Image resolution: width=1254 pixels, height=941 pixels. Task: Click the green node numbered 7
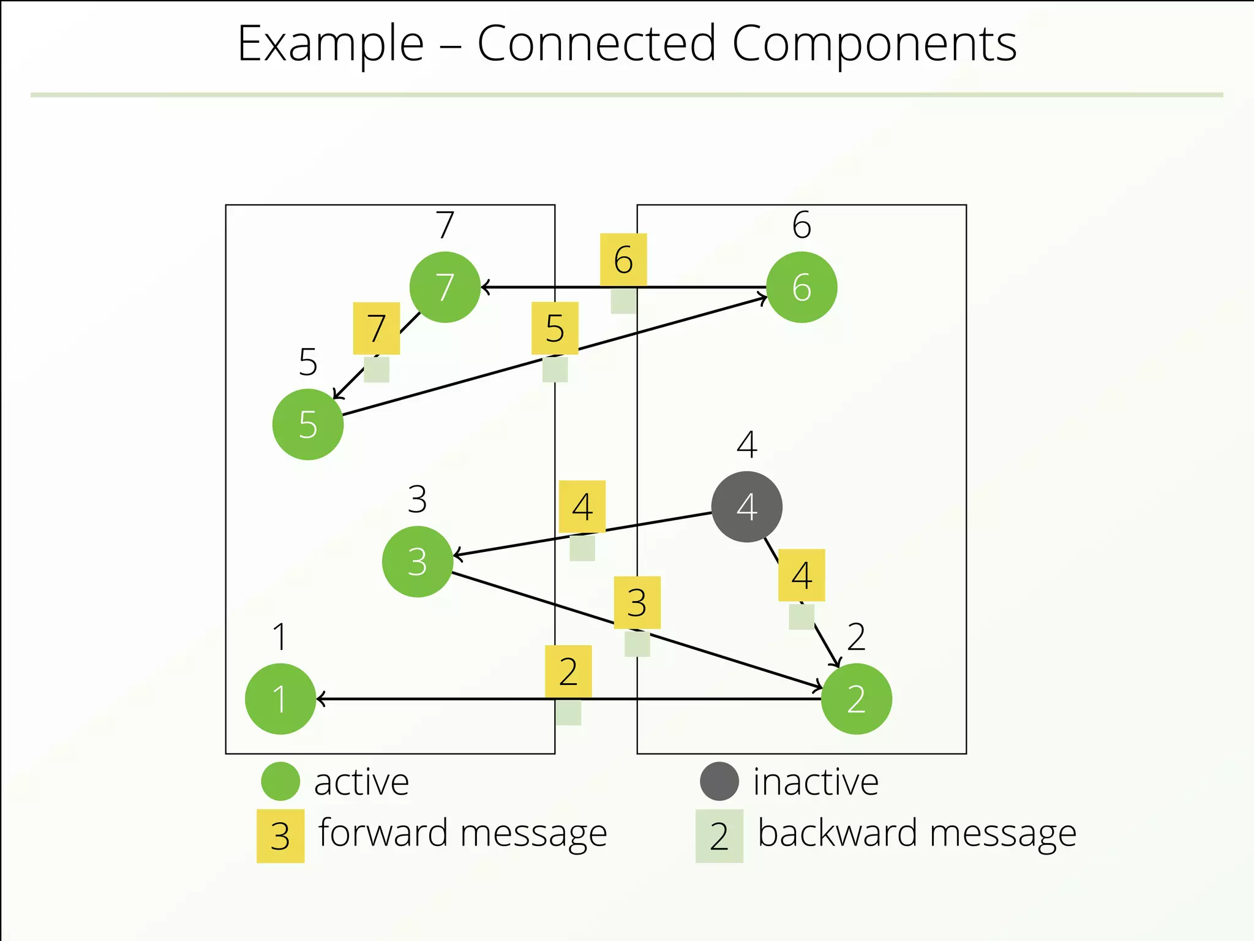pyautogui.click(x=445, y=287)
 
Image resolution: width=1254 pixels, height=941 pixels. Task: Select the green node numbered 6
pyautogui.click(x=802, y=287)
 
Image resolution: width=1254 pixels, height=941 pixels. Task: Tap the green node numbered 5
pyautogui.click(x=308, y=424)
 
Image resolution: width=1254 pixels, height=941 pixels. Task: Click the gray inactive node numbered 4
pyautogui.click(x=746, y=507)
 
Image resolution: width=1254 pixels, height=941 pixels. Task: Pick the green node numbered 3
pyautogui.click(x=418, y=561)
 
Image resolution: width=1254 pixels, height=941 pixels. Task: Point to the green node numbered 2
pyautogui.click(x=856, y=698)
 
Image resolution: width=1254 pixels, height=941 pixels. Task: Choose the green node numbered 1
pyautogui.click(x=280, y=698)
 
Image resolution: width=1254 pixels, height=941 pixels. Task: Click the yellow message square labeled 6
pyautogui.click(x=623, y=259)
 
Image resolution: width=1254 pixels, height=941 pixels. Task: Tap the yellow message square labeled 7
pyautogui.click(x=377, y=328)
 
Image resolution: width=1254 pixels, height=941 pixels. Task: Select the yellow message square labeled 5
pyautogui.click(x=555, y=328)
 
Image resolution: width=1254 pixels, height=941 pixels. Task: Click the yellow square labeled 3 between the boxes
pyautogui.click(x=637, y=602)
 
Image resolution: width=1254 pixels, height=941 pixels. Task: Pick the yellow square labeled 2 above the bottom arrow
pyautogui.click(x=568, y=671)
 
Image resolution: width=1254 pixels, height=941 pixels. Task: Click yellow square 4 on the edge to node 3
pyautogui.click(x=582, y=507)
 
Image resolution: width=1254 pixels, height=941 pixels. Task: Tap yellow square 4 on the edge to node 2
pyautogui.click(x=802, y=575)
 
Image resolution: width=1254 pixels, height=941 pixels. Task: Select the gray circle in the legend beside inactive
pyautogui.click(x=719, y=781)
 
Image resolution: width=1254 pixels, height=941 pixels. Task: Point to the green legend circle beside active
pyautogui.click(x=280, y=781)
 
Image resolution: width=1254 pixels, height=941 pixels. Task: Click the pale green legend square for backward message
pyautogui.click(x=719, y=836)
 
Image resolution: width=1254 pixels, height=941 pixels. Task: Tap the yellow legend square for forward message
pyautogui.click(x=280, y=836)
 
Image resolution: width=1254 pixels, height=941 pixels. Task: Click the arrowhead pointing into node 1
pyautogui.click(x=321, y=699)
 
